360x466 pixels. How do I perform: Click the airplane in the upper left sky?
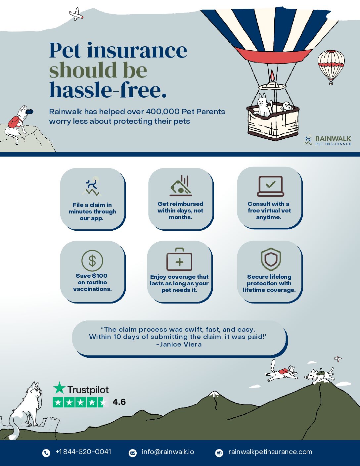(x=76, y=14)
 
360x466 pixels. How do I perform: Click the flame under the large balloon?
(x=272, y=75)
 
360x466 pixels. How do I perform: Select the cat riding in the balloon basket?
(x=263, y=105)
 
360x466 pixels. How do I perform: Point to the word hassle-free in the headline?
(x=108, y=89)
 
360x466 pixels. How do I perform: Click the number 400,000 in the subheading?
(x=162, y=112)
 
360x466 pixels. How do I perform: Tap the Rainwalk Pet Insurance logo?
(x=328, y=140)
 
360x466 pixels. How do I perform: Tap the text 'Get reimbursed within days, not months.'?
(x=180, y=210)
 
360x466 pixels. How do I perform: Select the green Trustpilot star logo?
(x=59, y=388)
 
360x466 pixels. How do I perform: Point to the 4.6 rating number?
(x=119, y=402)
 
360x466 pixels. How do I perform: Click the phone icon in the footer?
(x=46, y=453)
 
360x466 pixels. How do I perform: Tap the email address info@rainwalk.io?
(x=168, y=452)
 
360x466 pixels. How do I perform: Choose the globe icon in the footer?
(x=219, y=453)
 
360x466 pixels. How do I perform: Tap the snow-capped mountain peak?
(x=214, y=394)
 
